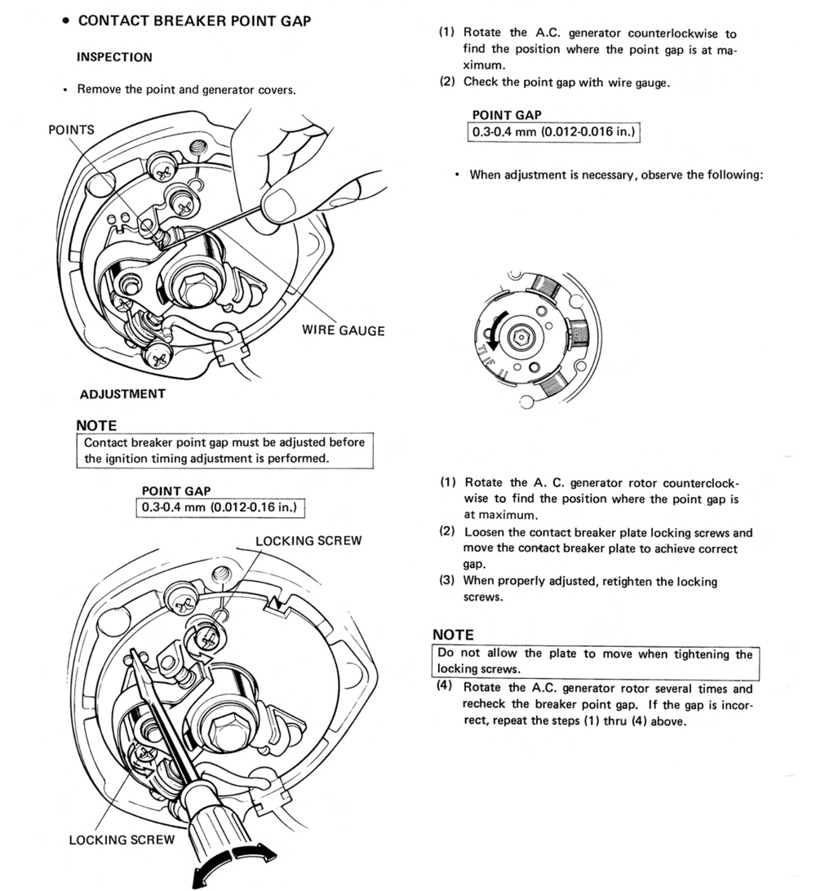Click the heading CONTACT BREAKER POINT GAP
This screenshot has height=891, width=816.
pos(194,21)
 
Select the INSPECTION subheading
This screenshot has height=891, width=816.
pos(114,58)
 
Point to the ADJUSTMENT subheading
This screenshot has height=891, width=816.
pos(122,394)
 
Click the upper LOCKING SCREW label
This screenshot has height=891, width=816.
pos(308,541)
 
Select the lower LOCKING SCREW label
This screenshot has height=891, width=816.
pos(122,840)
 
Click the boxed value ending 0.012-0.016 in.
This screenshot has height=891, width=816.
pos(553,131)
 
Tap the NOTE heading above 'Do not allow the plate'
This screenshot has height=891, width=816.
pos(453,635)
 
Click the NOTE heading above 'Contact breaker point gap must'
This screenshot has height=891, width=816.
pos(96,426)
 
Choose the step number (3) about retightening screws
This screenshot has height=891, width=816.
pos(446,582)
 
